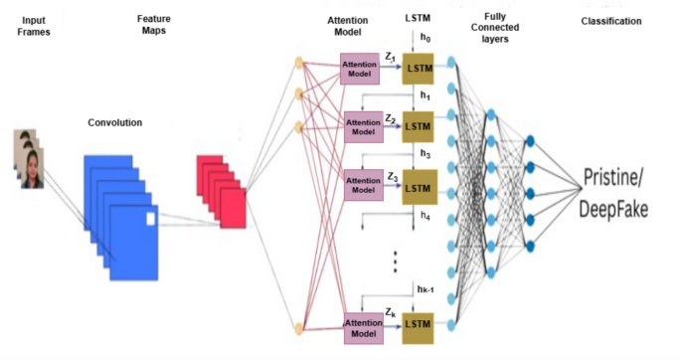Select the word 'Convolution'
tap(113, 122)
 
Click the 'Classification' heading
tap(611, 21)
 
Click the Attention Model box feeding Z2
tap(362, 126)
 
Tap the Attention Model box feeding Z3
tap(362, 186)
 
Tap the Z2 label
tap(392, 118)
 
